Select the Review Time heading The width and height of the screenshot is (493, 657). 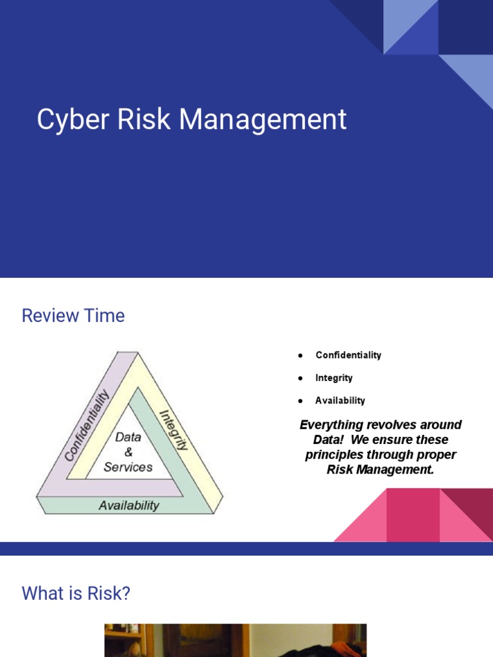click(73, 316)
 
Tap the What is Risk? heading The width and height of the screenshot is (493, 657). click(76, 593)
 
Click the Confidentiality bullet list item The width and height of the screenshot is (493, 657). click(348, 355)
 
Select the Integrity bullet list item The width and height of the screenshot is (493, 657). click(334, 378)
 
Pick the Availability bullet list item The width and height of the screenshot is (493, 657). click(340, 400)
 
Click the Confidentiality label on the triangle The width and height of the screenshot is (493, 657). click(87, 425)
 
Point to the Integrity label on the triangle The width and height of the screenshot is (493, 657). click(173, 431)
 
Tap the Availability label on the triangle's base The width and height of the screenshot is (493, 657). click(128, 506)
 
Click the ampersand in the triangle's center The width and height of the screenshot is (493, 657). click(128, 452)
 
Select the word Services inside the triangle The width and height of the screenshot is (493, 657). click(128, 467)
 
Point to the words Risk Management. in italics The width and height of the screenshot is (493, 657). click(381, 470)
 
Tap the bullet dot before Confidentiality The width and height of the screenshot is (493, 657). click(300, 355)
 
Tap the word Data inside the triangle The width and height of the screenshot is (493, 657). click(128, 437)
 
